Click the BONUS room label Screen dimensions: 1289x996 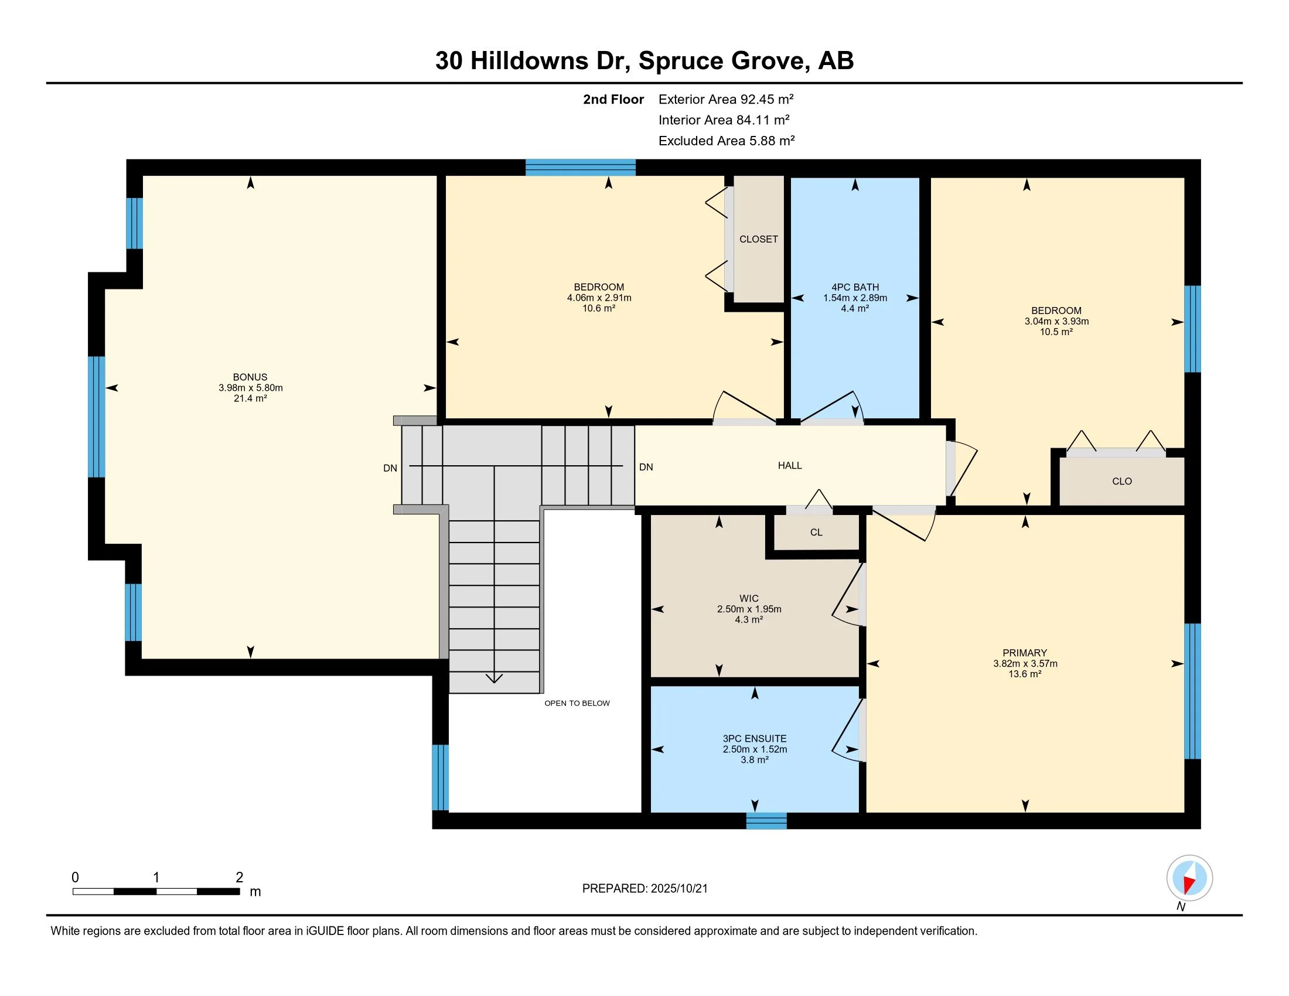(x=250, y=377)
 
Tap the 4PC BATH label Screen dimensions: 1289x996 (x=855, y=287)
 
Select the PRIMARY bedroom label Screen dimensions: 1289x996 (x=1025, y=653)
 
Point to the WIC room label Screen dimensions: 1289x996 (x=749, y=598)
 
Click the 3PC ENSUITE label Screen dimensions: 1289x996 (x=755, y=739)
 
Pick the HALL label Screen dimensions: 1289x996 (x=790, y=466)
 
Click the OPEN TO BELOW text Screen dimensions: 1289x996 (x=577, y=703)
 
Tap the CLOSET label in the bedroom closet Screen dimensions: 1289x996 (x=758, y=239)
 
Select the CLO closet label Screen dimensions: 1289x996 (x=1122, y=482)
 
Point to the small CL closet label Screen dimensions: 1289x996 (x=816, y=532)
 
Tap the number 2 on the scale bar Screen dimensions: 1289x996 (x=240, y=878)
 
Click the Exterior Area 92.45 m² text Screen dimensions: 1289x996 (x=726, y=99)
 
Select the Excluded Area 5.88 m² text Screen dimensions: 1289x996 (x=727, y=141)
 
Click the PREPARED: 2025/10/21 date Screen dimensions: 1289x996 (x=645, y=889)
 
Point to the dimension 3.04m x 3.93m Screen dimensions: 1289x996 (x=1056, y=322)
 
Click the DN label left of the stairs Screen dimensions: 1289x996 (x=390, y=469)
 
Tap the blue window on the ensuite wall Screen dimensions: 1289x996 (x=766, y=821)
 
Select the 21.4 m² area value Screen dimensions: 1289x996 (x=250, y=398)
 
